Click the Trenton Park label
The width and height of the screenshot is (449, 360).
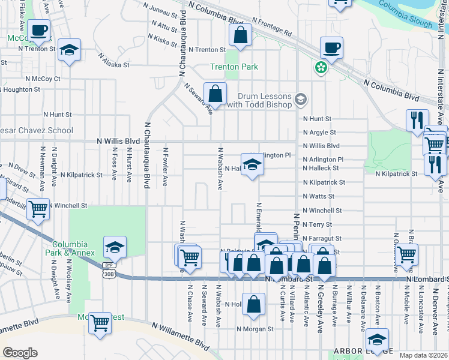tap(234, 67)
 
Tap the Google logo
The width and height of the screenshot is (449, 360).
tap(20, 353)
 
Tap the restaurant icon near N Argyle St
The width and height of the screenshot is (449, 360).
tap(417, 120)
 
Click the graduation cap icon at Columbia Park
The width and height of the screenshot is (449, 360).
tap(115, 247)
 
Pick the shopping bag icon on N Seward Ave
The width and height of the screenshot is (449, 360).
tap(214, 94)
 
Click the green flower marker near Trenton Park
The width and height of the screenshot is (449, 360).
tap(322, 67)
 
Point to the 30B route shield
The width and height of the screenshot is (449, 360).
tap(109, 274)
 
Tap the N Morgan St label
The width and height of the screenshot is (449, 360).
tap(255, 329)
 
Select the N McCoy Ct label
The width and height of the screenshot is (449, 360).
tap(43, 79)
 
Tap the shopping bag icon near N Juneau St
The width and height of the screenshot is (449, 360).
tap(240, 35)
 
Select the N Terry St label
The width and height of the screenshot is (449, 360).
tap(318, 224)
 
